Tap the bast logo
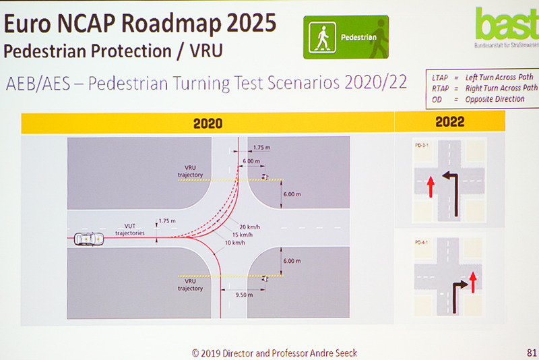pos(505,26)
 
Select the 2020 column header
pos(208,123)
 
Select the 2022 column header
pos(450,122)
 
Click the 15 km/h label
pos(243,235)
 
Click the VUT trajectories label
pos(130,229)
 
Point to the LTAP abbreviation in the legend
pos(440,78)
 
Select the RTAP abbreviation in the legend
pos(440,88)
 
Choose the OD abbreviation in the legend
pos(437,98)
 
